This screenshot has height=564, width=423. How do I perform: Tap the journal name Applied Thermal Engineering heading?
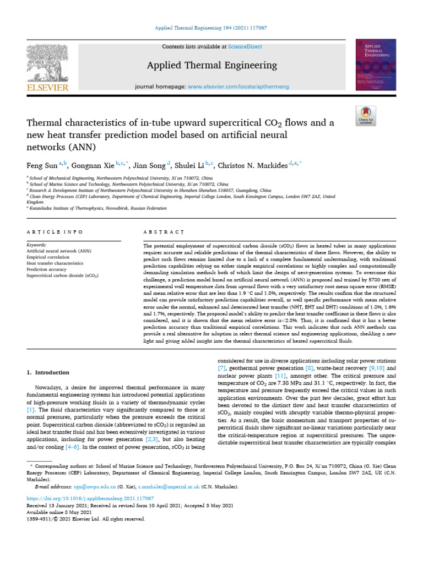(211, 66)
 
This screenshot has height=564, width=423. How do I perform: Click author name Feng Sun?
(42, 165)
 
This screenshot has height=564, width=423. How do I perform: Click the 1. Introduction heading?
(48, 373)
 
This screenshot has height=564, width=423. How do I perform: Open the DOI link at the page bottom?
(83, 498)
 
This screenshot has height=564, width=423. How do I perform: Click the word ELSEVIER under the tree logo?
(46, 88)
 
